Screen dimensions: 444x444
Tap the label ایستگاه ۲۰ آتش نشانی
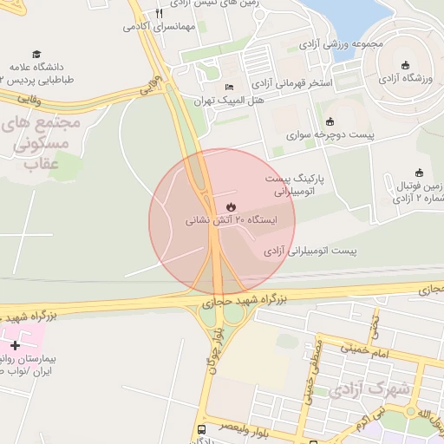231,220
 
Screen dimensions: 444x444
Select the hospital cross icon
15,345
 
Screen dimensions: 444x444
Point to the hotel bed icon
229,87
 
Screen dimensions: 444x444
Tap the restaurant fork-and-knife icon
159,14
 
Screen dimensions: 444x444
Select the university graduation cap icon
36,54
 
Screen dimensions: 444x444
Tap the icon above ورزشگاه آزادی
405,64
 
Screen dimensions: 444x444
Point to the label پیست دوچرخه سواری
330,135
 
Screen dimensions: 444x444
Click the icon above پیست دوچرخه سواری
330,121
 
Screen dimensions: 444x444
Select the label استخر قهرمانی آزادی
295,84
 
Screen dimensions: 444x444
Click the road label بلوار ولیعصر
235,427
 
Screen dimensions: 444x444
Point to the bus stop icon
202,429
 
